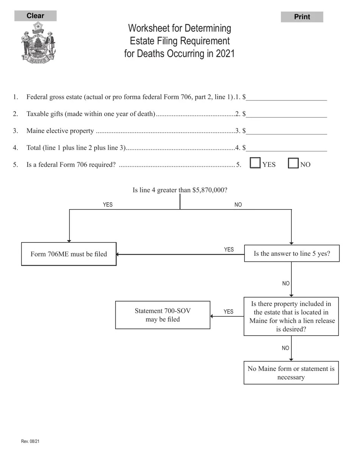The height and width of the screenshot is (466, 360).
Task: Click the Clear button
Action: [35, 16]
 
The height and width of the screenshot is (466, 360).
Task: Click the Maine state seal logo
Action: [38, 42]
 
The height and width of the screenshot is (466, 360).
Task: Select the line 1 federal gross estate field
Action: [286, 97]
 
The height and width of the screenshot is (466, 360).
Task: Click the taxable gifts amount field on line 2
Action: [286, 114]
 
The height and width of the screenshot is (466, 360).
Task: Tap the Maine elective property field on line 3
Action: [286, 131]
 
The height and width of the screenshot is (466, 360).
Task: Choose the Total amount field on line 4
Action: [286, 148]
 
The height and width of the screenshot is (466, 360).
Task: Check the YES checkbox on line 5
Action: [255, 163]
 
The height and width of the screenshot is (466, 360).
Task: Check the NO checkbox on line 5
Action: [293, 163]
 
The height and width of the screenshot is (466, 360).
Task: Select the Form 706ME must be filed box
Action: [69, 254]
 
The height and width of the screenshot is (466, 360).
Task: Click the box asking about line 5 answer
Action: [292, 253]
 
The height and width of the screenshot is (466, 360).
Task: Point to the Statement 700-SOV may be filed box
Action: [163, 315]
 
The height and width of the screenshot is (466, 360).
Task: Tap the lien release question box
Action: [291, 316]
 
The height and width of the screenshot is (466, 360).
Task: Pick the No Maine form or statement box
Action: [291, 373]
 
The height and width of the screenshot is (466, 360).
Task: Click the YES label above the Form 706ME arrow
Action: [229, 250]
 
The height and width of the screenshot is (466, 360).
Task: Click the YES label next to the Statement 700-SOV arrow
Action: [229, 312]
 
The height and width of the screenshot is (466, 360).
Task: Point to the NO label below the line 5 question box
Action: [286, 283]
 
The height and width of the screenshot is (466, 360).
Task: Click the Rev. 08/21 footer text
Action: [30, 441]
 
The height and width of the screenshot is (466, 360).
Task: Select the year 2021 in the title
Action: [225, 53]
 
